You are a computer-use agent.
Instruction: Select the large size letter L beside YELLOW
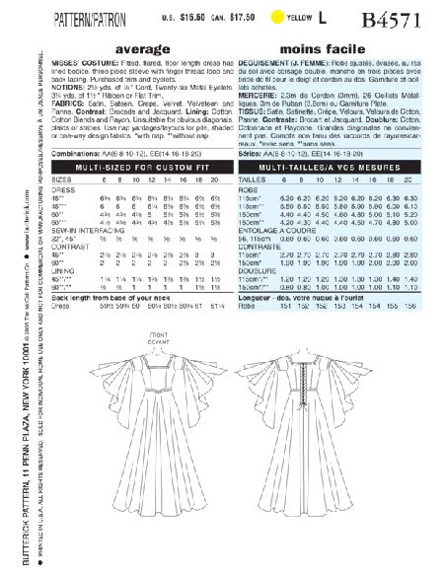348,15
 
